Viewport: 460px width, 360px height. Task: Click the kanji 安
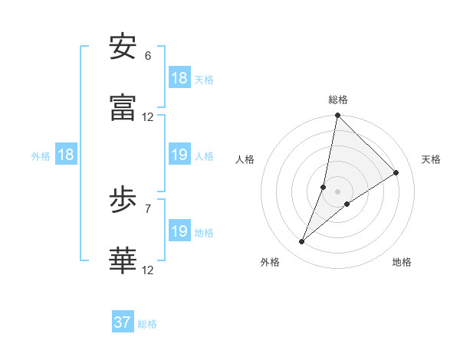tap(123, 47)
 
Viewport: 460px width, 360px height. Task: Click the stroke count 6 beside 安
tap(148, 56)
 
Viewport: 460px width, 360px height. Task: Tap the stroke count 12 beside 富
tap(148, 117)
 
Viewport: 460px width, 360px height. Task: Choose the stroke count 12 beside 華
tap(148, 270)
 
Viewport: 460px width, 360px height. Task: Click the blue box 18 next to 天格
tap(179, 78)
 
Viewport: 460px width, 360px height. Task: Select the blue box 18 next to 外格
tap(67, 155)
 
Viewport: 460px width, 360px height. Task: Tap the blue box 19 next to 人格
tap(179, 155)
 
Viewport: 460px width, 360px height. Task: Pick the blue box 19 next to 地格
tap(179, 231)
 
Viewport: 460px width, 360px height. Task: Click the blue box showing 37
tap(123, 322)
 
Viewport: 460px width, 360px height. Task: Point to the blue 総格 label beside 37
tap(147, 324)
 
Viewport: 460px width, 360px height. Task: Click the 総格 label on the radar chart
tap(338, 100)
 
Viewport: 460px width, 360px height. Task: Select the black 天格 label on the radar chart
tap(431, 159)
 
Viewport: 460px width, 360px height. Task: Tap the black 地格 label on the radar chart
tap(402, 262)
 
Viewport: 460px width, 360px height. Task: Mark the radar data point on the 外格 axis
tap(302, 242)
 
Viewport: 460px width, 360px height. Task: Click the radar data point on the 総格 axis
tap(337, 116)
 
